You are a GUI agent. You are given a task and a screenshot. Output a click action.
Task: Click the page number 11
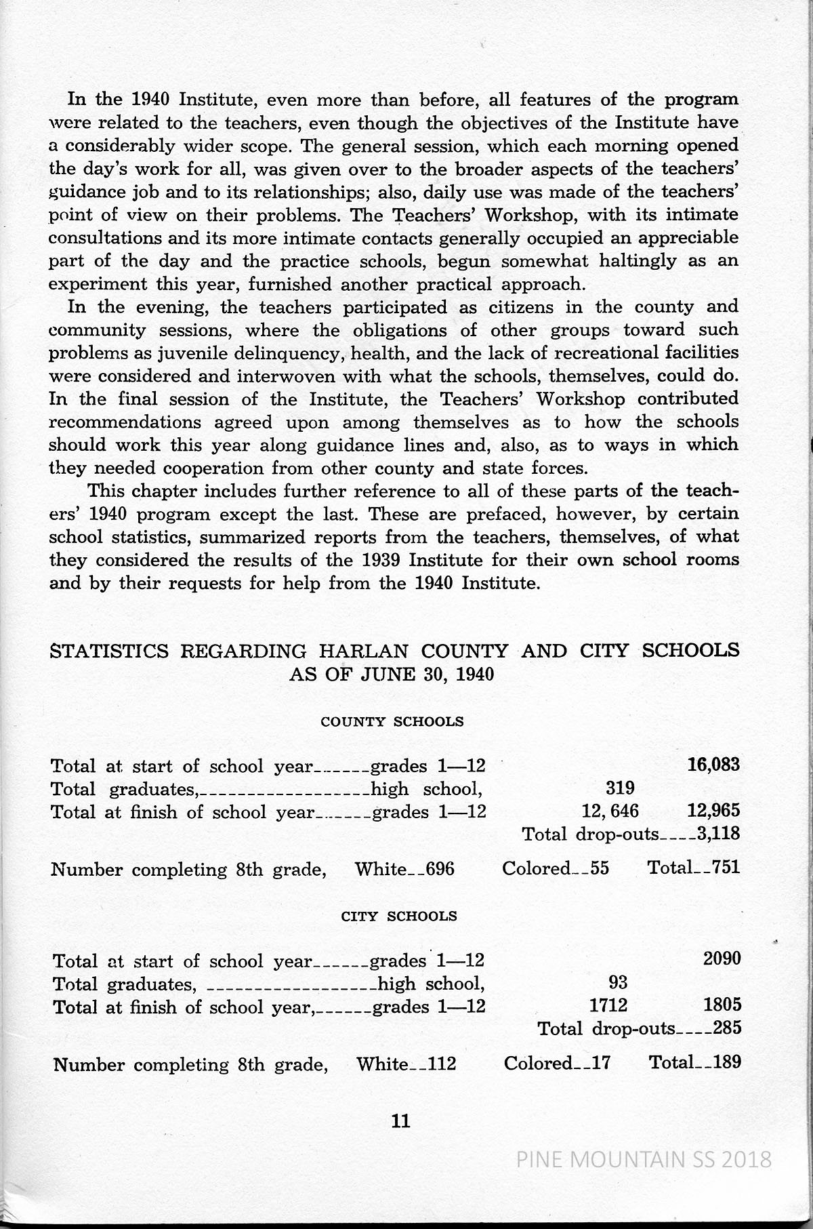click(401, 1121)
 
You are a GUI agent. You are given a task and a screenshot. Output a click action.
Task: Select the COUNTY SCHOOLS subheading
click(392, 721)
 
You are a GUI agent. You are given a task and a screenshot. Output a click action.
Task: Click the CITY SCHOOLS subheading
click(398, 916)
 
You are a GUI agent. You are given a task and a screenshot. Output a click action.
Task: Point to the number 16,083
click(713, 765)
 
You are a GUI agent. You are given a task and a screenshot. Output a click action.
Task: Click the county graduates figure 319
click(619, 788)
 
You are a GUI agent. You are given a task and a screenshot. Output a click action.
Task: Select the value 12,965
click(713, 811)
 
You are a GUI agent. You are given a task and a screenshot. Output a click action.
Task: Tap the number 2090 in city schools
click(722, 959)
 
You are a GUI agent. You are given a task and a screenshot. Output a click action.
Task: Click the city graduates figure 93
click(618, 982)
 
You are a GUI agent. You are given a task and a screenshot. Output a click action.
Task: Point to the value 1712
click(608, 1005)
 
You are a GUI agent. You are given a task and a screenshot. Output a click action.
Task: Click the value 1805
click(722, 1005)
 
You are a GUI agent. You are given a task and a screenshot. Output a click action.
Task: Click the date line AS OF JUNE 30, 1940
click(392, 674)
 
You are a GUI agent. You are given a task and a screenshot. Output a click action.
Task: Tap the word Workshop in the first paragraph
click(533, 215)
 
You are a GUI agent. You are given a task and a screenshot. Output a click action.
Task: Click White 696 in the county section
click(404, 868)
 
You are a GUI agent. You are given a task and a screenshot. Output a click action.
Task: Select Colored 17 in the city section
click(557, 1063)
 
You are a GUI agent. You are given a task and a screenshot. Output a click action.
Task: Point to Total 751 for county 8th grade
click(693, 868)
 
